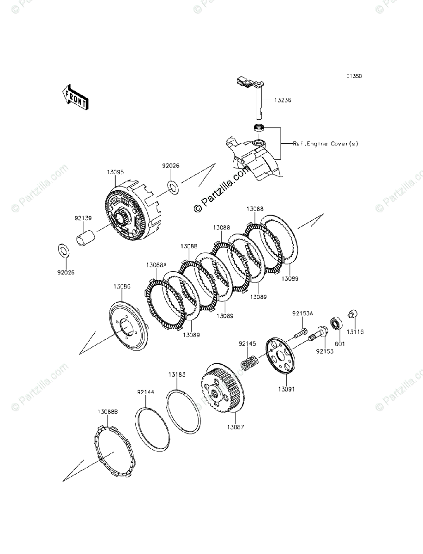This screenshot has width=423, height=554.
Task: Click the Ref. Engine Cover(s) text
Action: tap(326, 144)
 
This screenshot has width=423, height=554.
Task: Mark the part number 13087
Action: tap(236, 427)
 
